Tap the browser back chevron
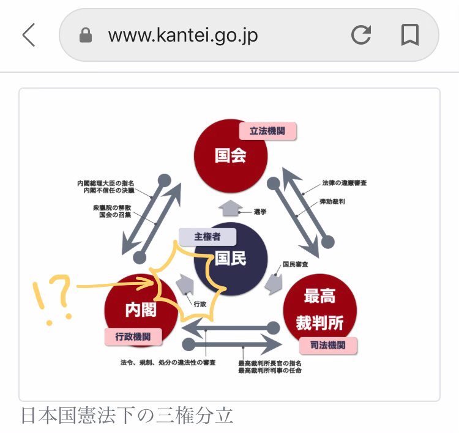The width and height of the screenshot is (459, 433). click(29, 35)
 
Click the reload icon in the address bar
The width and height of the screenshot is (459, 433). click(361, 35)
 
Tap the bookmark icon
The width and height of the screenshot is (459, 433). click(409, 35)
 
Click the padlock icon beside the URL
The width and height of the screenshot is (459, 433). click(86, 36)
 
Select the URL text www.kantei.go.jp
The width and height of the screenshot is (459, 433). click(183, 35)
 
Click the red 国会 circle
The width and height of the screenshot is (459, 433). click(231, 155)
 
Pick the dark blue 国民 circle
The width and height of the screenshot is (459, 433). click(231, 259)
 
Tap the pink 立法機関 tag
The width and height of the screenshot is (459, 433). click(267, 131)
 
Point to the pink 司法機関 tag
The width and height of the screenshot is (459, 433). click(328, 345)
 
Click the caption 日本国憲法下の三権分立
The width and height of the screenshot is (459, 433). click(127, 415)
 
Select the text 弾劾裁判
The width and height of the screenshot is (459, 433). click(332, 201)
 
